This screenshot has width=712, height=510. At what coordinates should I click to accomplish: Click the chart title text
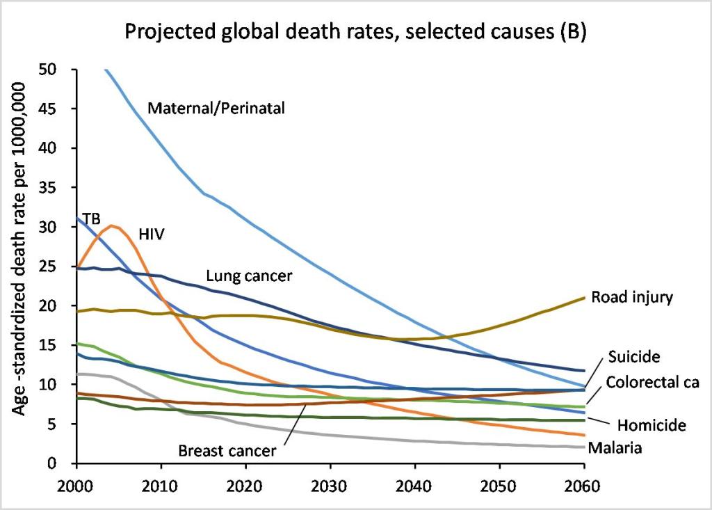355,32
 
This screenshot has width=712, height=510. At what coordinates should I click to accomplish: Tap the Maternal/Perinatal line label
216,108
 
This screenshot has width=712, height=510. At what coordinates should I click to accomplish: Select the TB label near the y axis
92,219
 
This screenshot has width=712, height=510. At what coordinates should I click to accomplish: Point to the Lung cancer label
249,276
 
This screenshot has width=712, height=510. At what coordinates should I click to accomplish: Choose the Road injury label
632,297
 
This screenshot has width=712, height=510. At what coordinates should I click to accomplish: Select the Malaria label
614,447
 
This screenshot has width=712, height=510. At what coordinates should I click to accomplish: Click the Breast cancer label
227,450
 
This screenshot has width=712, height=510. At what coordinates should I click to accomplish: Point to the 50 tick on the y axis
58,70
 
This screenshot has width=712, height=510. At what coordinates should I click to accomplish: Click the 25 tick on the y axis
58,266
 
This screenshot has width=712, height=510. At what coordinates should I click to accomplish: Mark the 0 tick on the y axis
62,463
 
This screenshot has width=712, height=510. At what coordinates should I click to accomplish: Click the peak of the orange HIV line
113,225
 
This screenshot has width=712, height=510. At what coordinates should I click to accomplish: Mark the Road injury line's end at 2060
583,297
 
